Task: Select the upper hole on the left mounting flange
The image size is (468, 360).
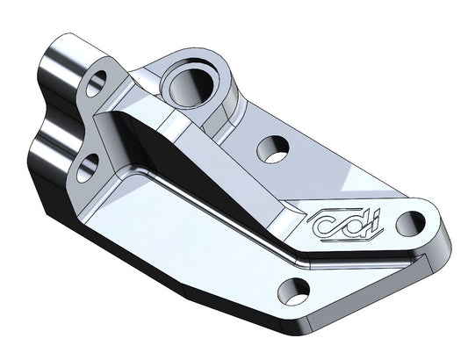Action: tap(96, 83)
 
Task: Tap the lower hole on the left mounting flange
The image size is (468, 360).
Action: tap(87, 168)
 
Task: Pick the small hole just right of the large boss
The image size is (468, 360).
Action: tap(273, 148)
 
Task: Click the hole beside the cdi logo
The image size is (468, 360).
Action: tap(409, 223)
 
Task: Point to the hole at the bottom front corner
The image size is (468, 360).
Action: tap(296, 290)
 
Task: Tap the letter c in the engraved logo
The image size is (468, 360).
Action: tap(327, 227)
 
